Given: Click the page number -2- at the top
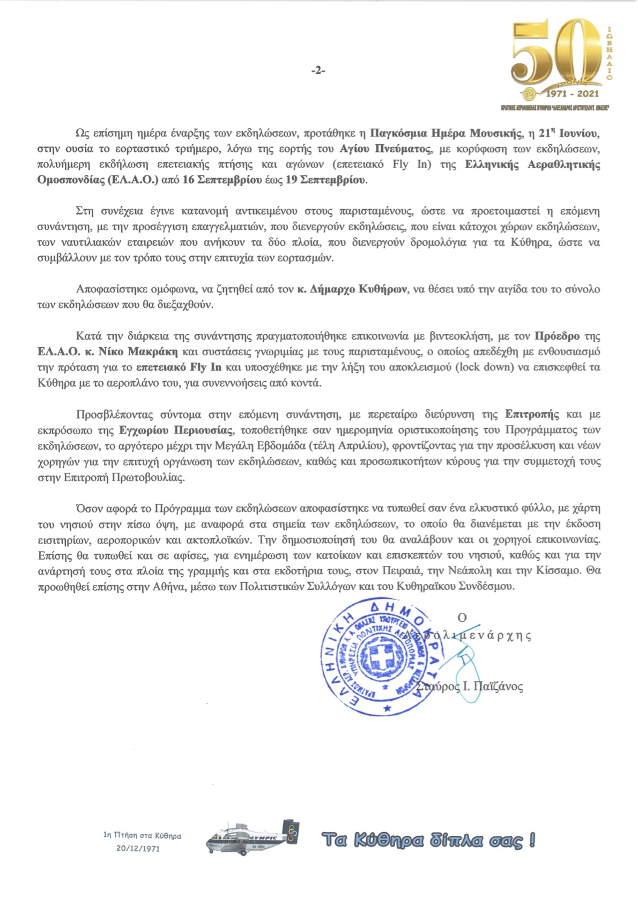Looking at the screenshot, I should point(318,70).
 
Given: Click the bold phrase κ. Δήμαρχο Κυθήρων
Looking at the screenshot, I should point(353,289).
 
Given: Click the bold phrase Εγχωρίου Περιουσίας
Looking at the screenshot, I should point(176,430).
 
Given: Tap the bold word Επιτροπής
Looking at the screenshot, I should point(532,414).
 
